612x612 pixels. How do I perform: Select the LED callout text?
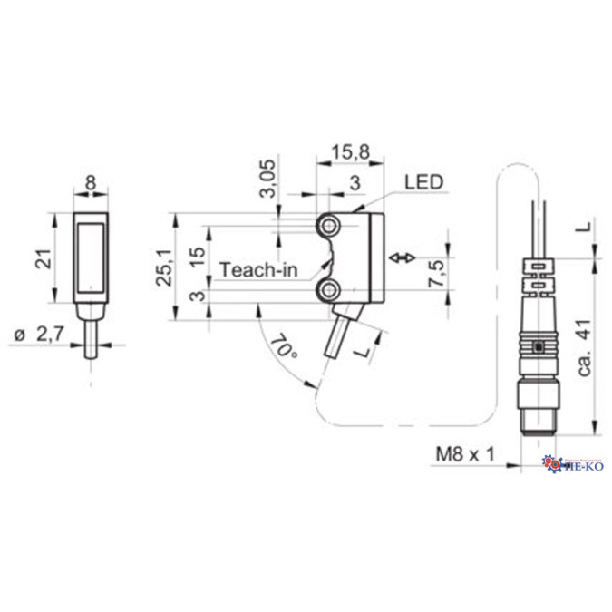click(x=423, y=182)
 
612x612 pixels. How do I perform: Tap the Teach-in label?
click(x=256, y=269)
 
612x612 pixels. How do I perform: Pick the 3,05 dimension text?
click(x=268, y=183)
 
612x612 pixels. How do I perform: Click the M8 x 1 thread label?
click(x=466, y=453)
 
